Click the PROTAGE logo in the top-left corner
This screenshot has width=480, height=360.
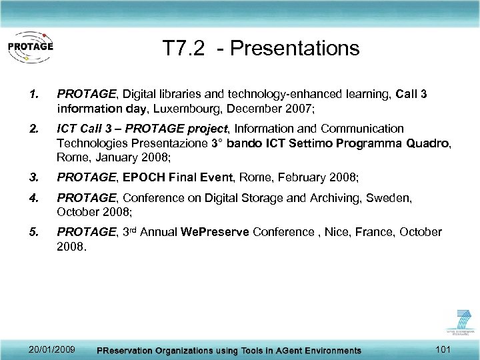(x=30, y=47)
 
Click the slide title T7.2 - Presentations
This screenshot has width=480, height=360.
(x=261, y=48)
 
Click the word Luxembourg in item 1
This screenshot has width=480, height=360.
(x=210, y=108)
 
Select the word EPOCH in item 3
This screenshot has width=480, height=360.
(x=135, y=177)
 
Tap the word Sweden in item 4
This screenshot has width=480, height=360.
(x=394, y=197)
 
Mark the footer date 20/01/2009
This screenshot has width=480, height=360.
(x=52, y=349)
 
